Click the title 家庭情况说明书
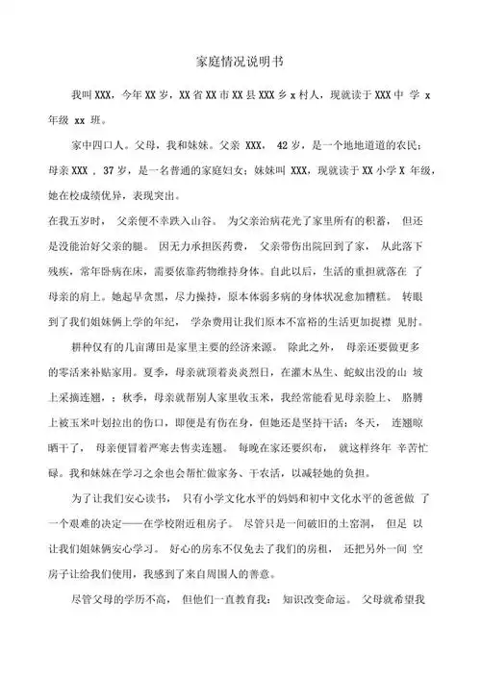click(240, 60)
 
